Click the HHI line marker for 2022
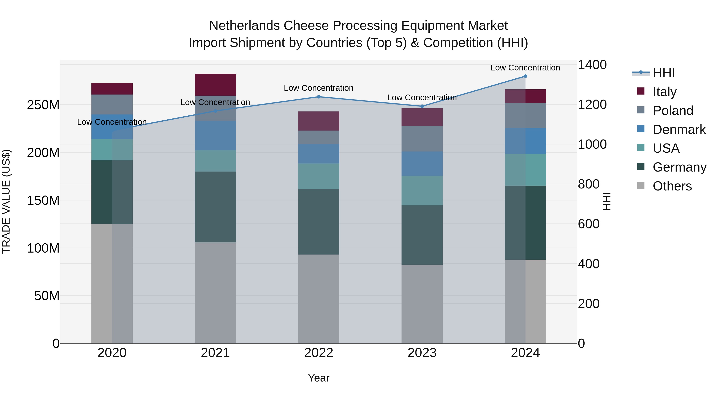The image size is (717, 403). (319, 97)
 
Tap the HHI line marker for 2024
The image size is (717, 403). (525, 76)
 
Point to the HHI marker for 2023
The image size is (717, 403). (422, 106)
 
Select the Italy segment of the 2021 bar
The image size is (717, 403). (215, 85)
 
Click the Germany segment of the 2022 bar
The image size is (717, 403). (319, 222)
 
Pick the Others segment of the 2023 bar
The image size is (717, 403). (422, 304)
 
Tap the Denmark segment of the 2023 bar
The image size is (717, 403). (422, 164)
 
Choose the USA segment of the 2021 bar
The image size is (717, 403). (215, 161)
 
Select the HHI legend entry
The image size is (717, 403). (664, 73)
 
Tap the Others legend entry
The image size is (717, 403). (672, 186)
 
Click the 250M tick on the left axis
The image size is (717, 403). (43, 105)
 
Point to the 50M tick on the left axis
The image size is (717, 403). (47, 296)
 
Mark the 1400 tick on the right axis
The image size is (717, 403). (592, 65)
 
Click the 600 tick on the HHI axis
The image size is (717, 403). (588, 224)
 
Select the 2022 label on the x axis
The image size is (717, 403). (319, 353)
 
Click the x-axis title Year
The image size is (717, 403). (319, 378)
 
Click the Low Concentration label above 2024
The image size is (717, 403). (525, 68)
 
